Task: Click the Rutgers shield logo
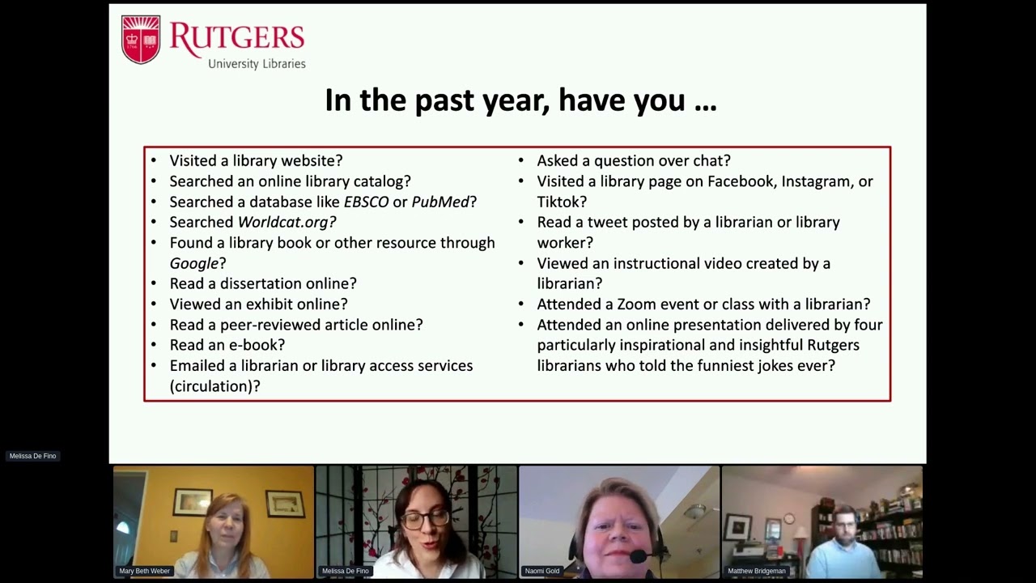(x=141, y=39)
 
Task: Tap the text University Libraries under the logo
(x=257, y=64)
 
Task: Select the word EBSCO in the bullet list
(x=366, y=202)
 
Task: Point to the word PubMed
(x=440, y=202)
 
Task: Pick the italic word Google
(x=194, y=263)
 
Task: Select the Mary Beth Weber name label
(x=145, y=571)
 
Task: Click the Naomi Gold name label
(x=542, y=571)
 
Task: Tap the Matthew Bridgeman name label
(x=757, y=571)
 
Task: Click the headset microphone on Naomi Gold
(x=639, y=556)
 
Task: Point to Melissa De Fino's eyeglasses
(x=424, y=519)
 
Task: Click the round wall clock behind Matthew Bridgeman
(x=789, y=518)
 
